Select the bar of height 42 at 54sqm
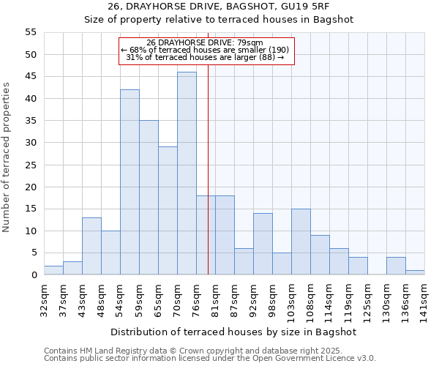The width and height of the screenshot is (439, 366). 130,182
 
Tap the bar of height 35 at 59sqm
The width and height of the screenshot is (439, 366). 149,198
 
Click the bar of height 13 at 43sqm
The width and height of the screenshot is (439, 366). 91,246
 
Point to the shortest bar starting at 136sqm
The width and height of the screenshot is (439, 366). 415,273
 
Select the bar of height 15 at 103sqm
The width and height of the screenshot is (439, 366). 301,242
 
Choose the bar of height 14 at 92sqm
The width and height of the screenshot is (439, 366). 263,244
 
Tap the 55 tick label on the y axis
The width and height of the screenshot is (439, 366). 30,32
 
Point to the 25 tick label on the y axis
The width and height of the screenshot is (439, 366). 30,165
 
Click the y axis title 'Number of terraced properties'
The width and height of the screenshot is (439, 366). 7,157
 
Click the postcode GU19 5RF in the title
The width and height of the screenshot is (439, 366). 296,7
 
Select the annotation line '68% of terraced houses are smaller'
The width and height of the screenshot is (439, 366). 206,50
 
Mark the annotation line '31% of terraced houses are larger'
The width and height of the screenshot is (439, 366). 206,57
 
